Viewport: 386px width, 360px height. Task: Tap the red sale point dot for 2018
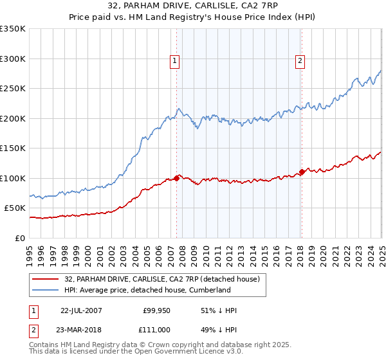click(x=302, y=172)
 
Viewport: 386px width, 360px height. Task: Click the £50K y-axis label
click(x=15, y=208)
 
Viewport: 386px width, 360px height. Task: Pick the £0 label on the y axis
click(x=21, y=238)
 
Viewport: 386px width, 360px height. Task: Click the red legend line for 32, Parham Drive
click(x=46, y=279)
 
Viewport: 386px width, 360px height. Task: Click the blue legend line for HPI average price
click(x=46, y=290)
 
